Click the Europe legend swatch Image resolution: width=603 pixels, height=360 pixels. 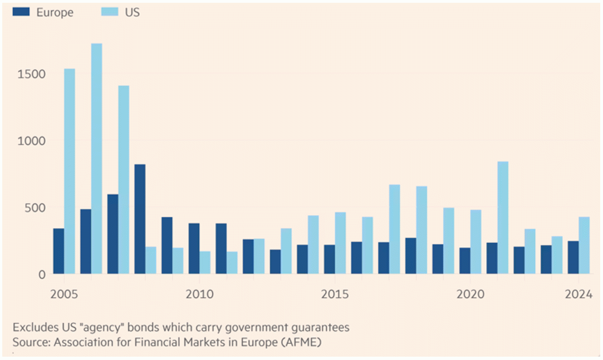[22, 11]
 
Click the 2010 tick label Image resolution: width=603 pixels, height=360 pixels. [199, 293]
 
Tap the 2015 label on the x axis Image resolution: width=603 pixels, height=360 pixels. [335, 293]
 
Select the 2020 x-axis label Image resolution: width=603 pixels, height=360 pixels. [470, 293]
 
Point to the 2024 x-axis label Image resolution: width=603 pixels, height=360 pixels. [579, 293]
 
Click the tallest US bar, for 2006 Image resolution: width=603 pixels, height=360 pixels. [96, 159]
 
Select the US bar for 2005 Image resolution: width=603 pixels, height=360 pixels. [70, 171]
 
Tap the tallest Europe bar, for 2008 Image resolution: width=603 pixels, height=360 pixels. [140, 219]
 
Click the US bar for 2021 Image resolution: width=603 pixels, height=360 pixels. [503, 218]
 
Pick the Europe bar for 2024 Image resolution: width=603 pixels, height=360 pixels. [573, 258]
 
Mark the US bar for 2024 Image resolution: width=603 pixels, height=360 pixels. [584, 245]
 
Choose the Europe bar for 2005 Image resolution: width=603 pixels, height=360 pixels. [58, 251]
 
